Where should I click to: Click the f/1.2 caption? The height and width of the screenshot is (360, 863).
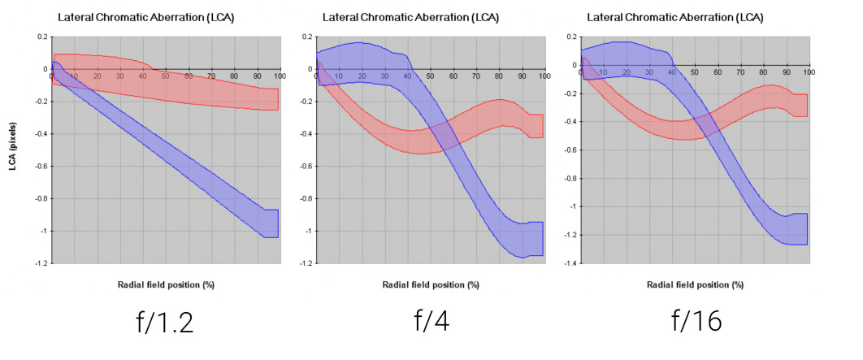click(x=167, y=323)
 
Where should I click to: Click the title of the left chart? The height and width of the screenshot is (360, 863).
click(x=145, y=17)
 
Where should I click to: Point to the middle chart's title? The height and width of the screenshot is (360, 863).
click(x=410, y=17)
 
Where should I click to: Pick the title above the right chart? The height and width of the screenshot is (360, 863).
click(x=674, y=17)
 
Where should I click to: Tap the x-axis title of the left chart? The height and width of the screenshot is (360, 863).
click(x=166, y=284)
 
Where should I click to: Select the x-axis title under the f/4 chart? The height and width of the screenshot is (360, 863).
click(x=429, y=284)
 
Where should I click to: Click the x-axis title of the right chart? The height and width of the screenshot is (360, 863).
click(x=694, y=284)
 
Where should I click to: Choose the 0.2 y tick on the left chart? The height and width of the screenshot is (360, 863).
click(x=42, y=37)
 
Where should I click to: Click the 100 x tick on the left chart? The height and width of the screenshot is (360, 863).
click(x=279, y=76)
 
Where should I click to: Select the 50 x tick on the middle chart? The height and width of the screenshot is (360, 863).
click(x=430, y=76)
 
